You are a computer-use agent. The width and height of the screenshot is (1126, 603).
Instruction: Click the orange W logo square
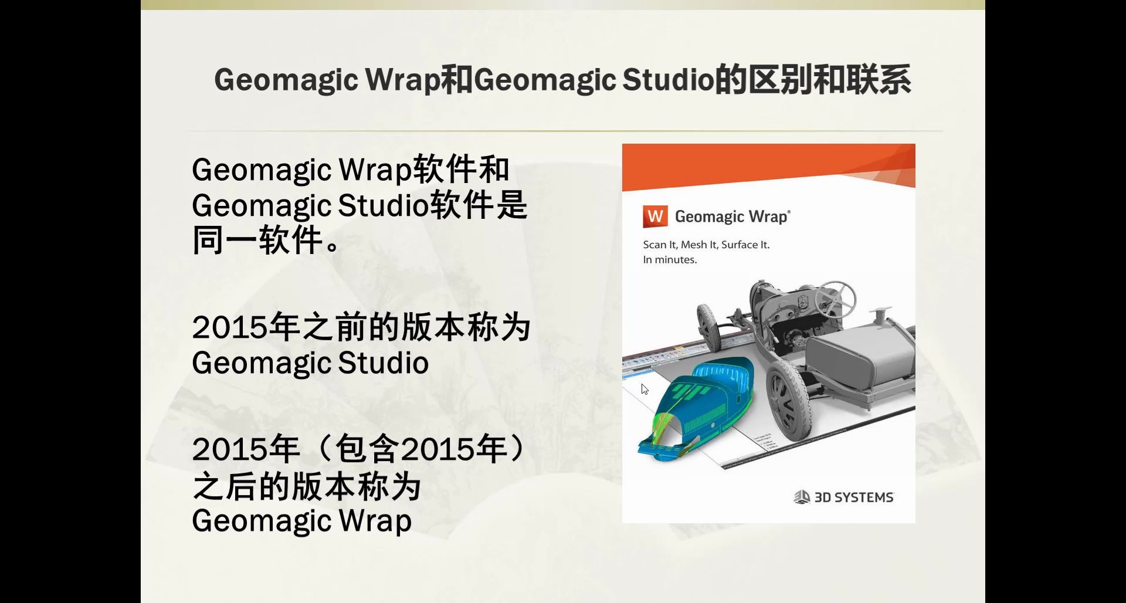655,216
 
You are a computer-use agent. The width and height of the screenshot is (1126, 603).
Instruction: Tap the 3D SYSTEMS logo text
853,497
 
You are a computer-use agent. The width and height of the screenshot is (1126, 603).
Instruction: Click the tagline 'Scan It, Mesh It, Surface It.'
706,245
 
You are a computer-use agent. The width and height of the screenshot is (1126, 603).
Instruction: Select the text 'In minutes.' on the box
670,260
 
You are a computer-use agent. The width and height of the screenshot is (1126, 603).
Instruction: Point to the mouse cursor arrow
644,388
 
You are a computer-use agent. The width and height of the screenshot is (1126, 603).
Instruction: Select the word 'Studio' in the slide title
667,80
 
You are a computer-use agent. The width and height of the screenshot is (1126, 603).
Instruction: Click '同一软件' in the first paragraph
258,240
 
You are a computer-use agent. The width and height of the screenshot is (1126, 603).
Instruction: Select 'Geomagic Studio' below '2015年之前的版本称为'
310,363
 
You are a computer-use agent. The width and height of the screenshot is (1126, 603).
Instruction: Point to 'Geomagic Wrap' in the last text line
301,521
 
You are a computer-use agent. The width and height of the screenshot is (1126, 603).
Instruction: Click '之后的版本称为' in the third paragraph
307,487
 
